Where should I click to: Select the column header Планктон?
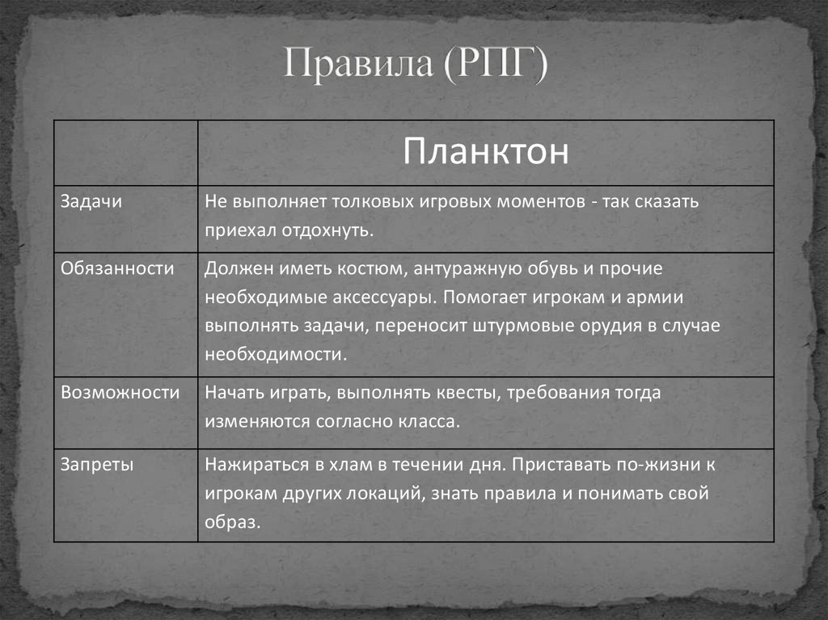485,151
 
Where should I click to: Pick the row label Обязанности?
117,268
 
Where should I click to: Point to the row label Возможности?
120,393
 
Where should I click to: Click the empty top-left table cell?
125,153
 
